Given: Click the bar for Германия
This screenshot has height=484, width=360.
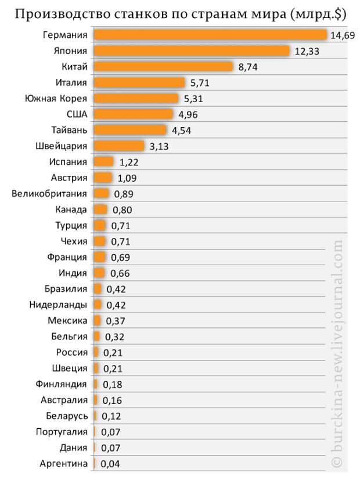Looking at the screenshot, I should click(210, 35).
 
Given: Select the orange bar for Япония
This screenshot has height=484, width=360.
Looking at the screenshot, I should click(192, 51).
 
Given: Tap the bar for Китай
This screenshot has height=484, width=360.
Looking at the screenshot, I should click(163, 67).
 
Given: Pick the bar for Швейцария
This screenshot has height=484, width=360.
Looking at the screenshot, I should click(119, 146).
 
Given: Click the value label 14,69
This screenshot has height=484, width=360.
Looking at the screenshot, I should click(341, 36).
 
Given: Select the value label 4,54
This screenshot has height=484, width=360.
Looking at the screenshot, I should click(181, 131).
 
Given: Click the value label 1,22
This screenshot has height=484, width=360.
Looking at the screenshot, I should click(129, 162).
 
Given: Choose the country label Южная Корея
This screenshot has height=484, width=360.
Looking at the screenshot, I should click(56, 99).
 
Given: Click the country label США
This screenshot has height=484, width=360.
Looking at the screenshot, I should click(77, 114).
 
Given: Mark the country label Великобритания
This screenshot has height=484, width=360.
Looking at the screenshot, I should click(49, 193).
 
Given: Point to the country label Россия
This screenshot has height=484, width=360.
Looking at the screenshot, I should click(72, 352).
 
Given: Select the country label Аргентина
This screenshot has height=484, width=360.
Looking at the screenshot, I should click(64, 463).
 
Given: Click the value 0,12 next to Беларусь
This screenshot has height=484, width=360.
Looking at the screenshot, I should click(111, 416).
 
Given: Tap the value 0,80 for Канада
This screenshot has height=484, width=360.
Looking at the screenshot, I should click(123, 210).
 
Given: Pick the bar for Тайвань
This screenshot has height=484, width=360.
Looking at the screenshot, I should click(129, 130).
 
